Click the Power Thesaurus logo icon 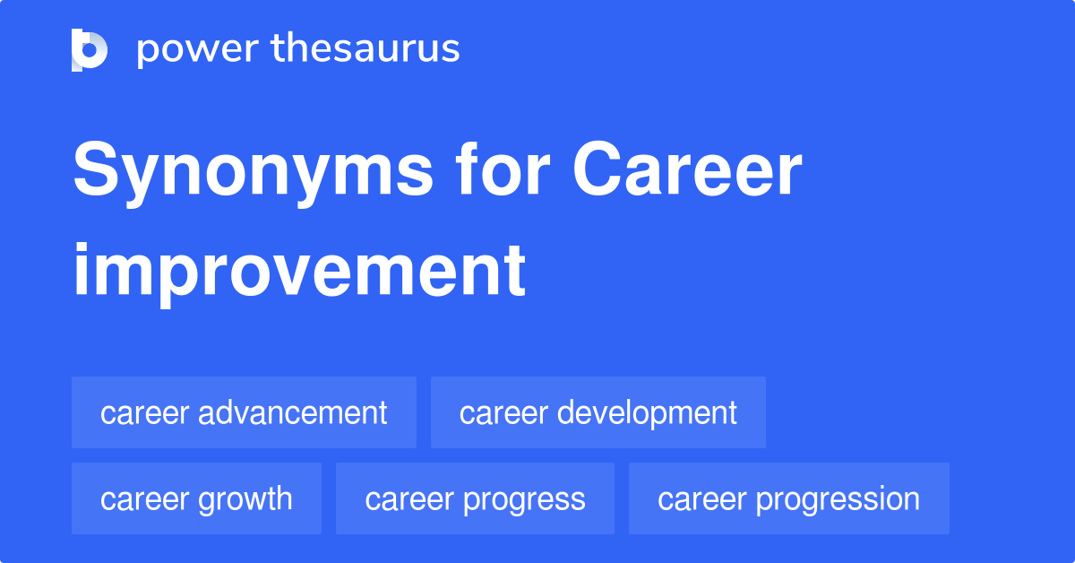coord(90,49)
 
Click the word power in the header coord(193,49)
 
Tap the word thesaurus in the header coord(365,49)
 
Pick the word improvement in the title coord(298,270)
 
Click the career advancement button coord(244,412)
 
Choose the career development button coord(598,412)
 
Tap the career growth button coord(196,498)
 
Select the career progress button coord(475,498)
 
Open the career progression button coord(788,498)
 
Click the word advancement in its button coord(293,412)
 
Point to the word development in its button coord(647,412)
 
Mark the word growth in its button coord(245,498)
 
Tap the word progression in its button coord(838,498)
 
